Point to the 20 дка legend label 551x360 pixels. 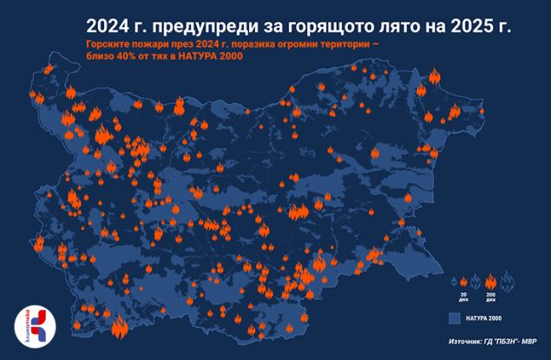[464, 298]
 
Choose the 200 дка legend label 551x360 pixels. [491, 298]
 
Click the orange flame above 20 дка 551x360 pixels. [464, 283]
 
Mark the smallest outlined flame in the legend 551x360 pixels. [455, 283]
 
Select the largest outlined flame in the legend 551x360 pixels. [507, 279]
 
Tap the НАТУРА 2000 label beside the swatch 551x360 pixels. [484, 318]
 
